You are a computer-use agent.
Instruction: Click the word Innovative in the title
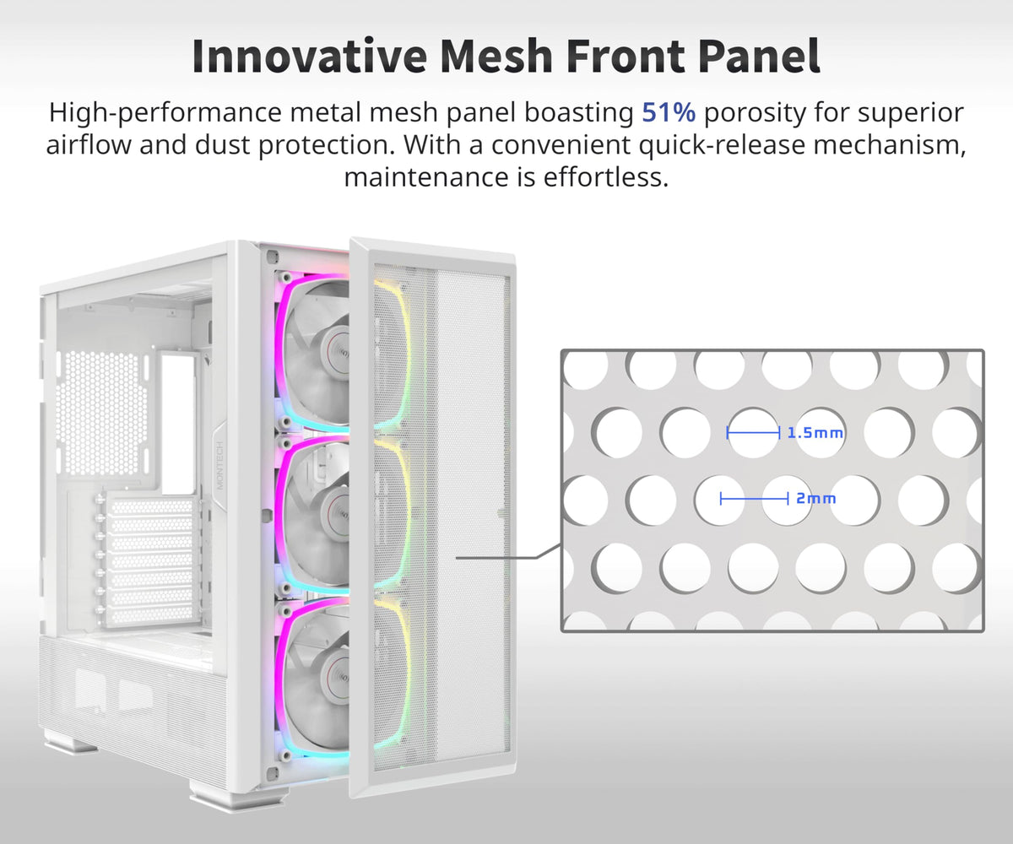[x=310, y=56]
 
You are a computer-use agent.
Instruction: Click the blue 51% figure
[x=669, y=112]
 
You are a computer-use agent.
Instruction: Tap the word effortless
[x=605, y=176]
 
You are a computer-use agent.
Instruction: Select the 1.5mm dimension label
[x=815, y=433]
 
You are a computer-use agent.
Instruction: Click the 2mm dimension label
[x=816, y=498]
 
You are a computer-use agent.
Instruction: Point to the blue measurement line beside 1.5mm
[x=753, y=433]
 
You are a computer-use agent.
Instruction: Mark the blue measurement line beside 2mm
[x=754, y=498]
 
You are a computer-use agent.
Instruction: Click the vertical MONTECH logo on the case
[x=219, y=466]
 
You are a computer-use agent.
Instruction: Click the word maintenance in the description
[x=426, y=177]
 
